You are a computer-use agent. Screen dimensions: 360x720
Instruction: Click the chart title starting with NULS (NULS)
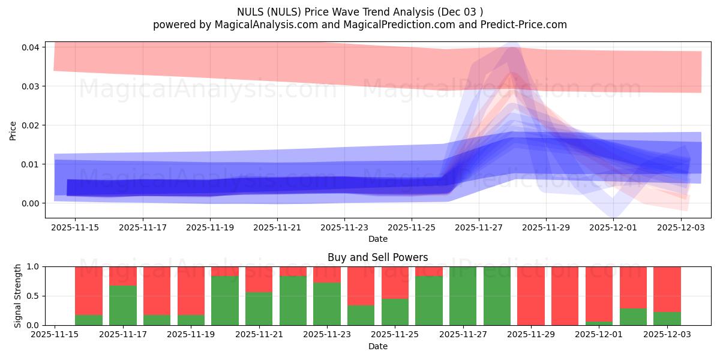click(x=359, y=11)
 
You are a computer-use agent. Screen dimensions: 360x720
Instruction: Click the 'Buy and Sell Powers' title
click(x=377, y=257)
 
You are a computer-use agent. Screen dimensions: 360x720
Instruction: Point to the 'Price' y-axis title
click(x=13, y=130)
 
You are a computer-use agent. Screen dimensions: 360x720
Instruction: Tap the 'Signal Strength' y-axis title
click(x=18, y=296)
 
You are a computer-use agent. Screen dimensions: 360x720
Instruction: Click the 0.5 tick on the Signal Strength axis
click(x=34, y=296)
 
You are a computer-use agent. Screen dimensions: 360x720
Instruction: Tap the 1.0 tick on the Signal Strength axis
click(x=34, y=266)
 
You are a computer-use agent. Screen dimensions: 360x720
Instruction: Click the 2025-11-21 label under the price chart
click(x=277, y=228)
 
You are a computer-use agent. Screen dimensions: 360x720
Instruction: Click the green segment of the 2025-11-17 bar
click(x=123, y=305)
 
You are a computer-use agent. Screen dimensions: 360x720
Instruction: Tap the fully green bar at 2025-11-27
click(x=463, y=296)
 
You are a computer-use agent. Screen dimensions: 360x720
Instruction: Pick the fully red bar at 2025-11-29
click(x=531, y=296)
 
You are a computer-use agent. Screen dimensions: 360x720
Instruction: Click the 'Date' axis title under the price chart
click(x=377, y=239)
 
